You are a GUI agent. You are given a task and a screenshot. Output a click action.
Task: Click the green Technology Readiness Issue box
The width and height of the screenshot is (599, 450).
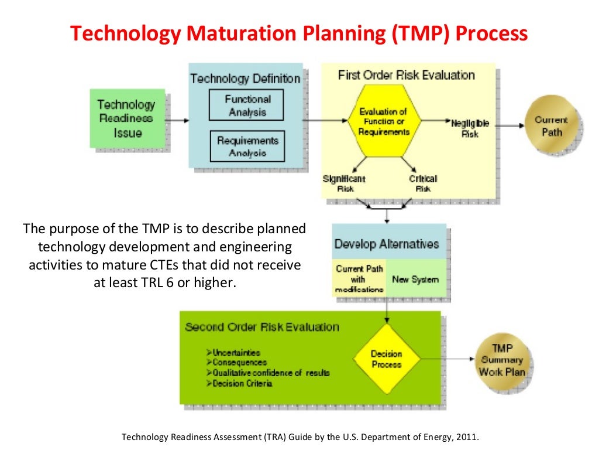click(x=127, y=118)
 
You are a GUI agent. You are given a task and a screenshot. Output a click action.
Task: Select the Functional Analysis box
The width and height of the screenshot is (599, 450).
click(x=247, y=105)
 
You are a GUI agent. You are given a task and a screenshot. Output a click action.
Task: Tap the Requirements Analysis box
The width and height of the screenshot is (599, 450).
click(x=247, y=146)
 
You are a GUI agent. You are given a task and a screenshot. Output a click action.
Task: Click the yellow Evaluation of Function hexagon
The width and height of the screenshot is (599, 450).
click(x=383, y=122)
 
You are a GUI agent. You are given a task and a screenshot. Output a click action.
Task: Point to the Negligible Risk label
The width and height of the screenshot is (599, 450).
click(x=470, y=129)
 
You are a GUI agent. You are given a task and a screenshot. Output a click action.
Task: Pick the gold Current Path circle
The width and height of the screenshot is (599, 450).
click(x=551, y=125)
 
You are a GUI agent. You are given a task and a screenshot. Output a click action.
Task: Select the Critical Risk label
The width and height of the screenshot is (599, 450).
click(x=422, y=183)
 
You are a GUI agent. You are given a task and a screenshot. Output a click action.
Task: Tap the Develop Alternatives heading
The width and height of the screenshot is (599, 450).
click(x=386, y=243)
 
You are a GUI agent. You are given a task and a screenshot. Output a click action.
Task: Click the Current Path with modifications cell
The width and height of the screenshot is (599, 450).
click(x=359, y=278)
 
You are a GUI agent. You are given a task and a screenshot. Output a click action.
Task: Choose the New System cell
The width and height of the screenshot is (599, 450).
click(x=415, y=279)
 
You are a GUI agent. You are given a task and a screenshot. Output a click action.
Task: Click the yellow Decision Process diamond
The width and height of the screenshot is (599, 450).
click(x=386, y=359)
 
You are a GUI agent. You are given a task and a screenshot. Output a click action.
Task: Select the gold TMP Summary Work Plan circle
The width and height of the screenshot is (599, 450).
click(x=502, y=360)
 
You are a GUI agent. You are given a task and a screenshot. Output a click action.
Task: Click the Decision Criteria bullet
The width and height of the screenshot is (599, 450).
click(x=242, y=383)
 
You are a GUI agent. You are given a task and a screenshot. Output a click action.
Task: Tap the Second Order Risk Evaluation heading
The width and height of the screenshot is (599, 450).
click(x=261, y=327)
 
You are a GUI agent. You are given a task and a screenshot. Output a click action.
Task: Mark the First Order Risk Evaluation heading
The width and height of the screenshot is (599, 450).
click(x=406, y=75)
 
